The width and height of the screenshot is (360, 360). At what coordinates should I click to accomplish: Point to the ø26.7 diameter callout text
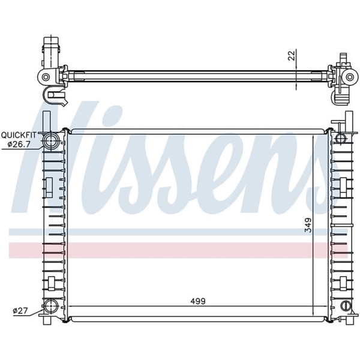coord(21,144)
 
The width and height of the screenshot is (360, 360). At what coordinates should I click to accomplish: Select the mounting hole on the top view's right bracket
coord(347,77)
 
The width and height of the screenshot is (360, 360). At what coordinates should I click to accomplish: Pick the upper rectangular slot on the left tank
coord(50,185)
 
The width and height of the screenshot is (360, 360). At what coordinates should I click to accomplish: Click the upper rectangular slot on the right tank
coord(344,185)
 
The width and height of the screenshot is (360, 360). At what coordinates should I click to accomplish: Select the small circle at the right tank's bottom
coord(345,306)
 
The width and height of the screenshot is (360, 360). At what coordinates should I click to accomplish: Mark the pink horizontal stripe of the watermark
coord(180,250)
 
